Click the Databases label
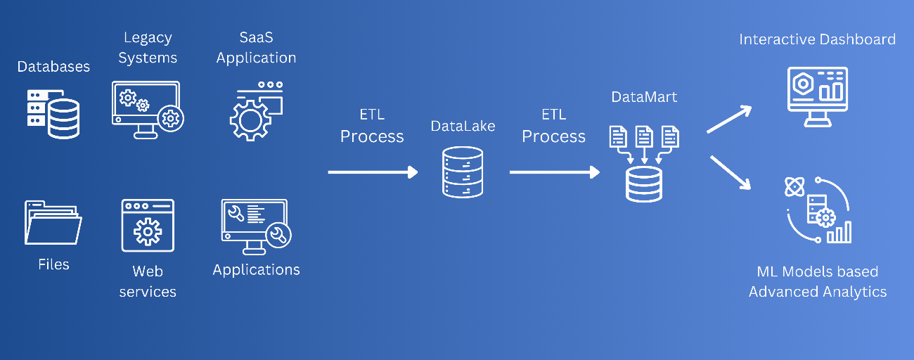pos(53,67)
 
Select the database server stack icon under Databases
pos(53,112)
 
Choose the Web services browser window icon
pos(147,225)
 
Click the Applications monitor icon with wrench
pos(255,224)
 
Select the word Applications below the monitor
pos(256,270)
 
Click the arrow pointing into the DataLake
pos(373,172)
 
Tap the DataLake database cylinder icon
pos(463,172)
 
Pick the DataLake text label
pos(463,126)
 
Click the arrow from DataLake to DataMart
pos(554,172)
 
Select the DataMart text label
pos(644,97)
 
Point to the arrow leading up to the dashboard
pos(729,119)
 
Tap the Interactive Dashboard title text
pos(817,39)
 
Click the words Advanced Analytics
pos(817,291)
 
